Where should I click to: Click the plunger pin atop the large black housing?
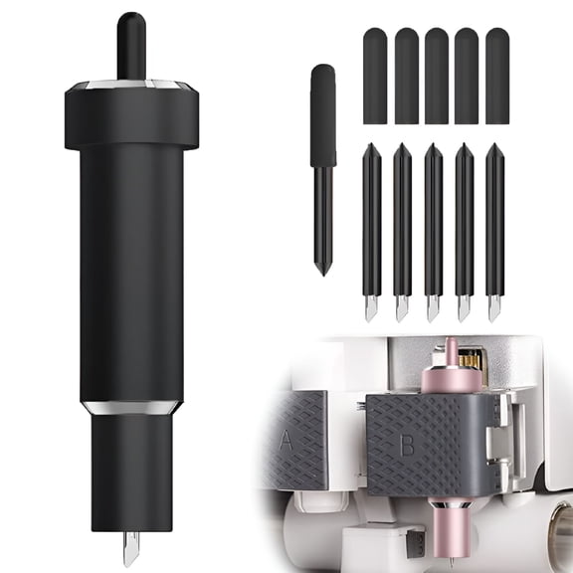click(131, 46)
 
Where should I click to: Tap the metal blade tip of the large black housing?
click(131, 548)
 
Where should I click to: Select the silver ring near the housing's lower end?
click(131, 408)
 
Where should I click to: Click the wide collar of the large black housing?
click(131, 116)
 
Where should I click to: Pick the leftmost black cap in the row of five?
click(375, 76)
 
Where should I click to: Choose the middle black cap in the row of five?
click(437, 76)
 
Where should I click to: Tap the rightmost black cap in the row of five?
click(497, 76)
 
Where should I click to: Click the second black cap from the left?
click(406, 76)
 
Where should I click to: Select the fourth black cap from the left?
click(467, 76)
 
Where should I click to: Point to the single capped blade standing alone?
click(323, 170)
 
